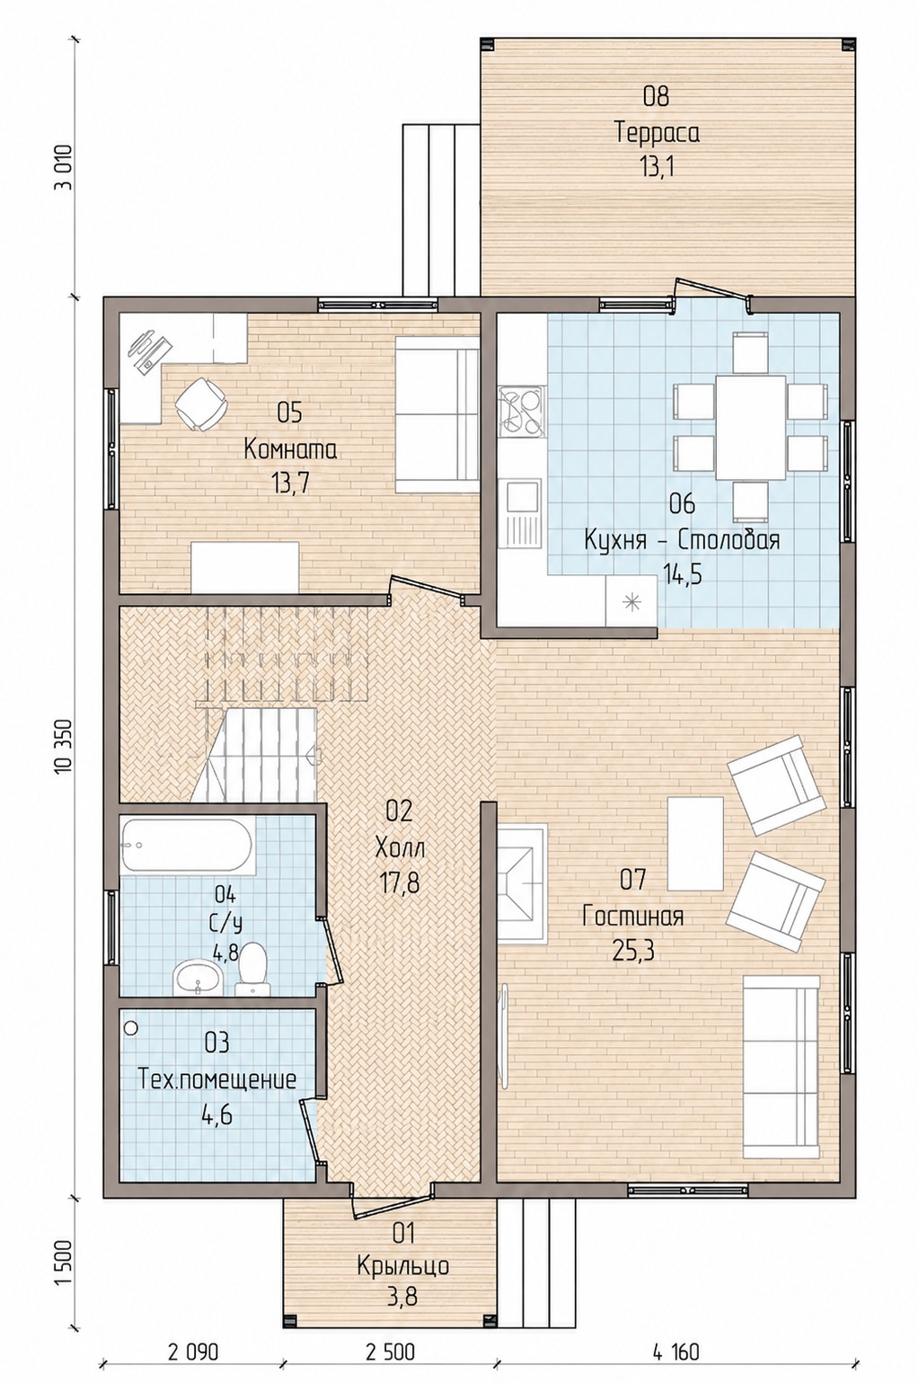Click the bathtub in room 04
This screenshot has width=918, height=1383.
click(188, 847)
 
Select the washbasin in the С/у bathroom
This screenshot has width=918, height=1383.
click(198, 977)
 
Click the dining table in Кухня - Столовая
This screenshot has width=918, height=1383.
click(750, 427)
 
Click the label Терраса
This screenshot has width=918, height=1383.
click(658, 133)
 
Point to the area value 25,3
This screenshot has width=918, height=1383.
click(633, 952)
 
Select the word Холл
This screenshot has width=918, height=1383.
click(400, 848)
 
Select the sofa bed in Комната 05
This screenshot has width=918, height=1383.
click(437, 414)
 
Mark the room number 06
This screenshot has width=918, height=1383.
click(683, 504)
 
